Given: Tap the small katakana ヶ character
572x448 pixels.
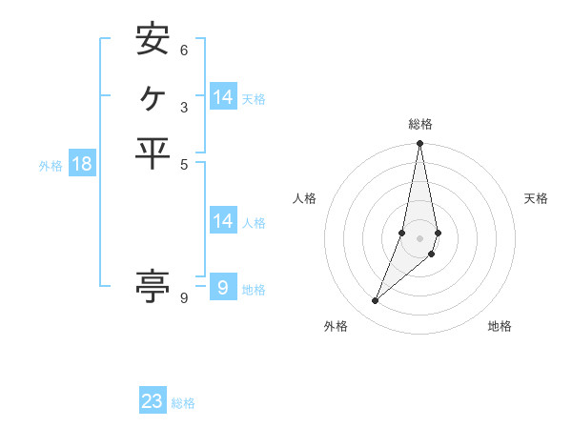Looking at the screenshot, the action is coord(153,96).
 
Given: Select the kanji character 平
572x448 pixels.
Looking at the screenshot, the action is coord(153,153).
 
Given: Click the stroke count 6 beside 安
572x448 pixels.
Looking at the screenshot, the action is coord(184,50).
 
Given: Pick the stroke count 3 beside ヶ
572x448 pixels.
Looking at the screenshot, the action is coord(184,107).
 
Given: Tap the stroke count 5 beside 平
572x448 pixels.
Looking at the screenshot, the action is coord(184,164).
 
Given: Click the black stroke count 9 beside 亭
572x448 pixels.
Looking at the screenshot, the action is coord(184,298).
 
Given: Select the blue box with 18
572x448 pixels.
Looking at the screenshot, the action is coord(82,164).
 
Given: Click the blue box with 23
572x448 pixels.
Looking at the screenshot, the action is coord(153,401).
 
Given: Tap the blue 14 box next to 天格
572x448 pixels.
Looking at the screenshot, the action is coord(223,97).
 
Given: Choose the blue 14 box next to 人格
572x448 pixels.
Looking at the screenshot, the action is coord(223,221).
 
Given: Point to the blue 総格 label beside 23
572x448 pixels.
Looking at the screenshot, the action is coord(183,403).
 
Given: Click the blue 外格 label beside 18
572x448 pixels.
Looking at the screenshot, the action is coord(51,166).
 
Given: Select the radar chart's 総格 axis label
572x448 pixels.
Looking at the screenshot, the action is coord(419,124).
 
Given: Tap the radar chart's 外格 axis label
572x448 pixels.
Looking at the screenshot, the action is coord(336,327).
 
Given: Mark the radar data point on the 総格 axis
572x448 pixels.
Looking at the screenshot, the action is coord(419,144).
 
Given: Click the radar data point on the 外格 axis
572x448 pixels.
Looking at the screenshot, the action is coord(375,301).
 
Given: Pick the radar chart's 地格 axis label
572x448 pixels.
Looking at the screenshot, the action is coord(500,327).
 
